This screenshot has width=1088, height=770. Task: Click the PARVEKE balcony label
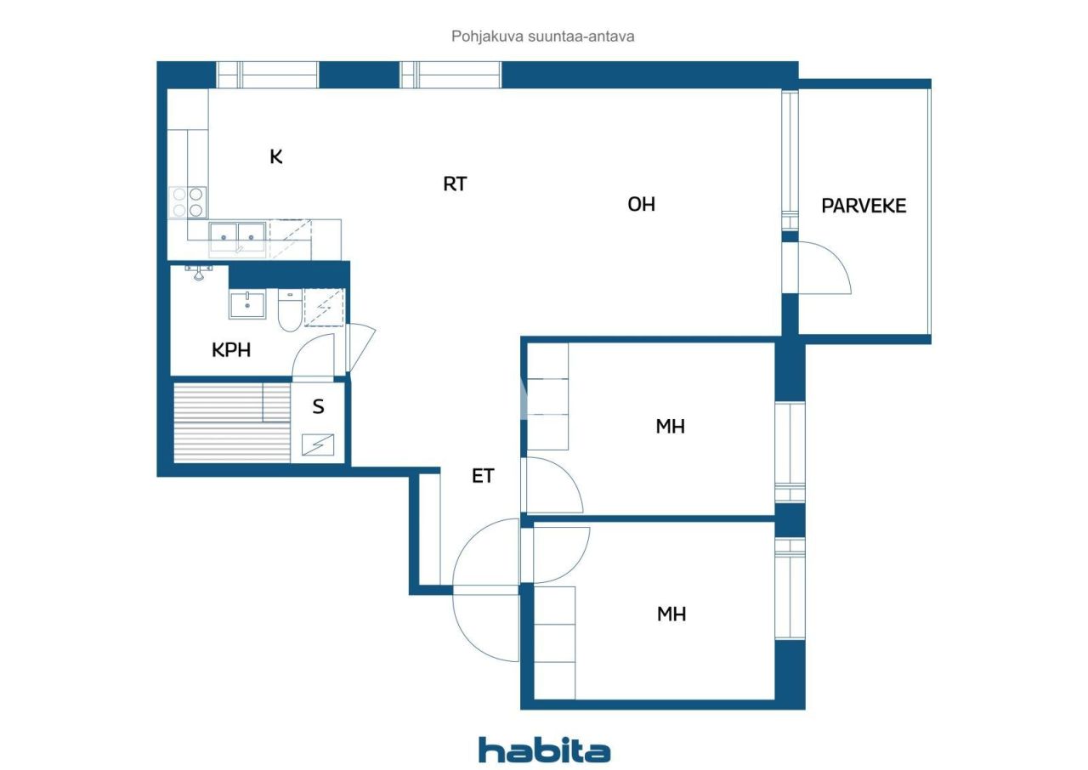pyautogui.click(x=864, y=206)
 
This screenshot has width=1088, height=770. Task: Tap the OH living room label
pyautogui.click(x=641, y=204)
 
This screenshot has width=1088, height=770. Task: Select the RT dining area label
pyautogui.click(x=455, y=184)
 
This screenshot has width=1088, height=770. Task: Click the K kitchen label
pyautogui.click(x=276, y=156)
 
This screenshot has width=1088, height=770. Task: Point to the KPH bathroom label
pyautogui.click(x=231, y=349)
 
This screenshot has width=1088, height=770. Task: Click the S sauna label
pyautogui.click(x=318, y=407)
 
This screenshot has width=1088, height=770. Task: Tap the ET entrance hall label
pyautogui.click(x=483, y=476)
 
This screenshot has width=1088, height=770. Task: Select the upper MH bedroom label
pyautogui.click(x=670, y=426)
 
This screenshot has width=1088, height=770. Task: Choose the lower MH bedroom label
pyautogui.click(x=671, y=614)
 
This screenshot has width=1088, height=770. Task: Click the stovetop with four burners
pyautogui.click(x=188, y=202)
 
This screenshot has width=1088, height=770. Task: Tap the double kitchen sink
pyautogui.click(x=238, y=233)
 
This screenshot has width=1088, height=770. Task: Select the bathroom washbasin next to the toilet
pyautogui.click(x=247, y=304)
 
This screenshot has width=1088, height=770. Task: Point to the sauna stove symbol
pyautogui.click(x=318, y=444)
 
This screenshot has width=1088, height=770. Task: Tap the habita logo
pyautogui.click(x=544, y=750)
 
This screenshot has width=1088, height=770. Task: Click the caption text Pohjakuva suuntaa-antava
pyautogui.click(x=543, y=37)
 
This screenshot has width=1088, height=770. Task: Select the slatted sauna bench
pyautogui.click(x=231, y=422)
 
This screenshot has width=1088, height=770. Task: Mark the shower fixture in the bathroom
pyautogui.click(x=198, y=272)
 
